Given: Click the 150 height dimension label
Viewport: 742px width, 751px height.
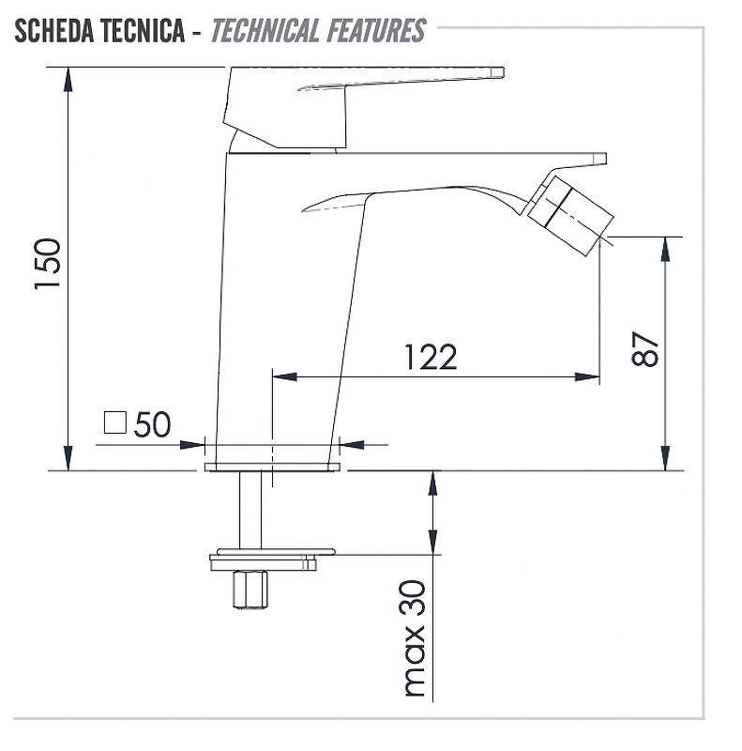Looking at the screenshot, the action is (48, 264).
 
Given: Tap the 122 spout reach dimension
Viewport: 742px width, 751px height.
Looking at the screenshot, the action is (431, 358).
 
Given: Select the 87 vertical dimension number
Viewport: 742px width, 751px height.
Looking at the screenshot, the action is (644, 348).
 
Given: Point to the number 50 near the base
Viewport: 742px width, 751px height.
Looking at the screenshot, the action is (152, 424).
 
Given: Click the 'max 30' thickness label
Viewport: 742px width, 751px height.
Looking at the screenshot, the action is (415, 638).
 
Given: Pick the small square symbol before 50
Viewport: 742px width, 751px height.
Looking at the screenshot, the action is (115, 422).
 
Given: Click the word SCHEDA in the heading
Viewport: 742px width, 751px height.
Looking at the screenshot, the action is (53, 30).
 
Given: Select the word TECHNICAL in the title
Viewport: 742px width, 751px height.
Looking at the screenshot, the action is (265, 30).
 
